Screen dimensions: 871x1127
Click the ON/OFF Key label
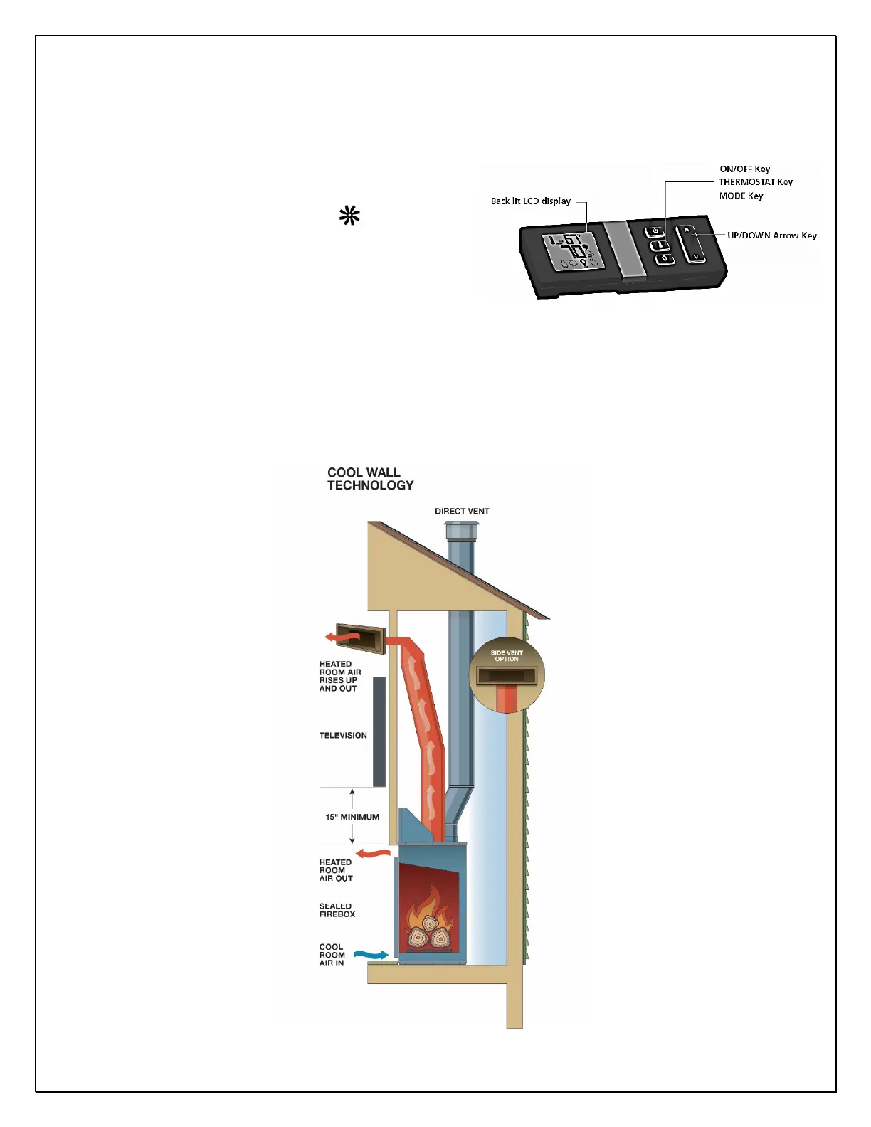[744, 169]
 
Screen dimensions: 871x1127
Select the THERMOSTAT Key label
[755, 182]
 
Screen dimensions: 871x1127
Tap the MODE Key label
[741, 196]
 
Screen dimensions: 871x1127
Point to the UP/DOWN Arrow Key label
[771, 236]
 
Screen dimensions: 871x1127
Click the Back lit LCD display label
[530, 201]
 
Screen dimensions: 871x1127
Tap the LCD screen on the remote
[573, 252]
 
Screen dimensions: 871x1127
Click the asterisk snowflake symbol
[349, 216]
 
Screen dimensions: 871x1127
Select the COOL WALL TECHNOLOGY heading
[370, 479]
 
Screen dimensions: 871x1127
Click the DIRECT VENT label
[462, 512]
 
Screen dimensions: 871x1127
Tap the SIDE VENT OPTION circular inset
[507, 674]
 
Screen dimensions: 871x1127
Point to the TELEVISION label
[343, 736]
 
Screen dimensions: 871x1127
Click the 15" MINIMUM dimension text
[352, 818]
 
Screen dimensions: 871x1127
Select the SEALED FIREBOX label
[337, 911]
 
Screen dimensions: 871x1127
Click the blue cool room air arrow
[371, 954]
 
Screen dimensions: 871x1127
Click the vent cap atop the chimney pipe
[462, 531]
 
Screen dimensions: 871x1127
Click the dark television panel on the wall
[379, 731]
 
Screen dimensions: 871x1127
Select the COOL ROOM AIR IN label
[332, 956]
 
